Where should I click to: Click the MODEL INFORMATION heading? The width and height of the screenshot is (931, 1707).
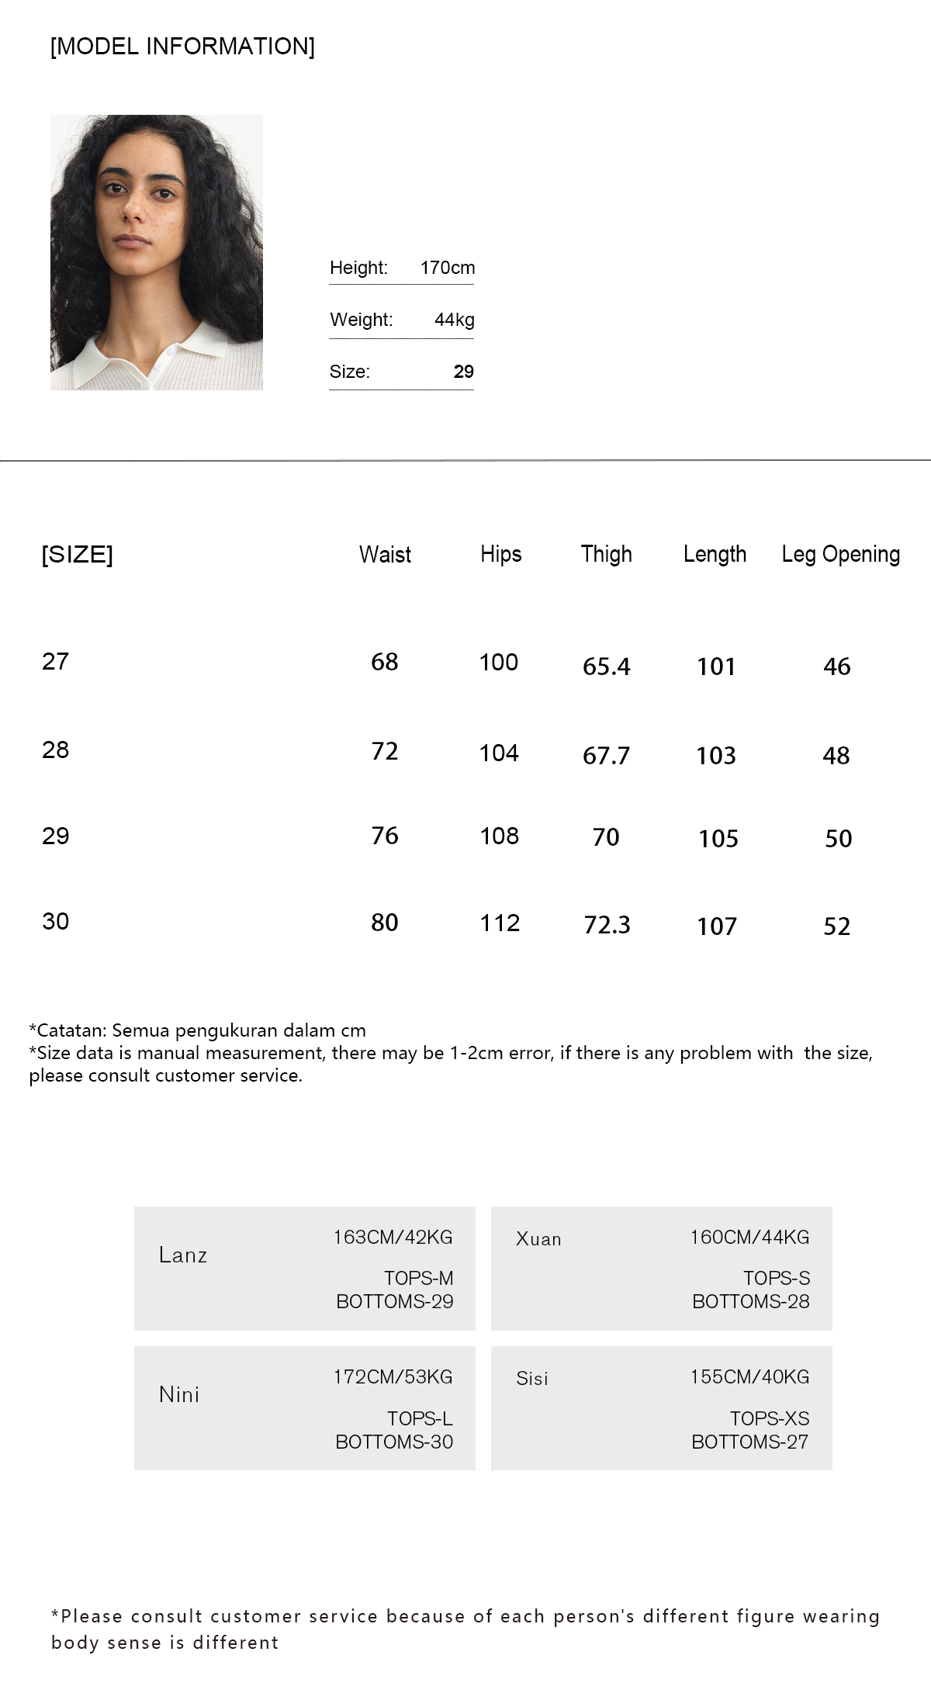(x=182, y=47)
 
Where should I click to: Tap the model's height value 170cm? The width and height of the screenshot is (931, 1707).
(x=447, y=268)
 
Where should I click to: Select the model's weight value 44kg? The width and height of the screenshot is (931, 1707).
(x=454, y=320)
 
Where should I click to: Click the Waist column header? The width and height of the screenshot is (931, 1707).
(x=385, y=554)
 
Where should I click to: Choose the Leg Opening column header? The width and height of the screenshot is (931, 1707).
(x=840, y=554)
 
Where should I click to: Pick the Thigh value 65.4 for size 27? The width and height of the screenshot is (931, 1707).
(x=606, y=666)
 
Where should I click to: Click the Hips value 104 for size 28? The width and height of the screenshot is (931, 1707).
(x=499, y=753)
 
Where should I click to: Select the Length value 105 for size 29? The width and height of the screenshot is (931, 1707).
(x=718, y=838)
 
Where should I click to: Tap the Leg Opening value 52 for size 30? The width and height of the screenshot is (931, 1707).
(x=836, y=926)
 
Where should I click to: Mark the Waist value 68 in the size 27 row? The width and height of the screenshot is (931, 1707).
(x=384, y=662)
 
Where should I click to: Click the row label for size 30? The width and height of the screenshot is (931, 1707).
(x=55, y=921)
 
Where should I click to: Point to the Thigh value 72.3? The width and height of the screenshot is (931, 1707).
(x=607, y=925)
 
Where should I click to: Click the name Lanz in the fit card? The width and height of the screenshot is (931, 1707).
(x=182, y=1255)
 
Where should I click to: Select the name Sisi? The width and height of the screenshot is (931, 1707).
(x=531, y=1378)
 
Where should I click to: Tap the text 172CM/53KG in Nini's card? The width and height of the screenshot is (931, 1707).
(x=393, y=1376)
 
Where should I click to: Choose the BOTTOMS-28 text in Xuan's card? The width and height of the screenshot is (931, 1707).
(x=750, y=1301)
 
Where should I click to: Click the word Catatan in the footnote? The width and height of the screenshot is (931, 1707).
(x=72, y=1030)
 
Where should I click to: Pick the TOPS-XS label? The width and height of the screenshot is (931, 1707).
(x=769, y=1418)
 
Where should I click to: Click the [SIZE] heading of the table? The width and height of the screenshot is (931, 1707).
(x=77, y=555)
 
